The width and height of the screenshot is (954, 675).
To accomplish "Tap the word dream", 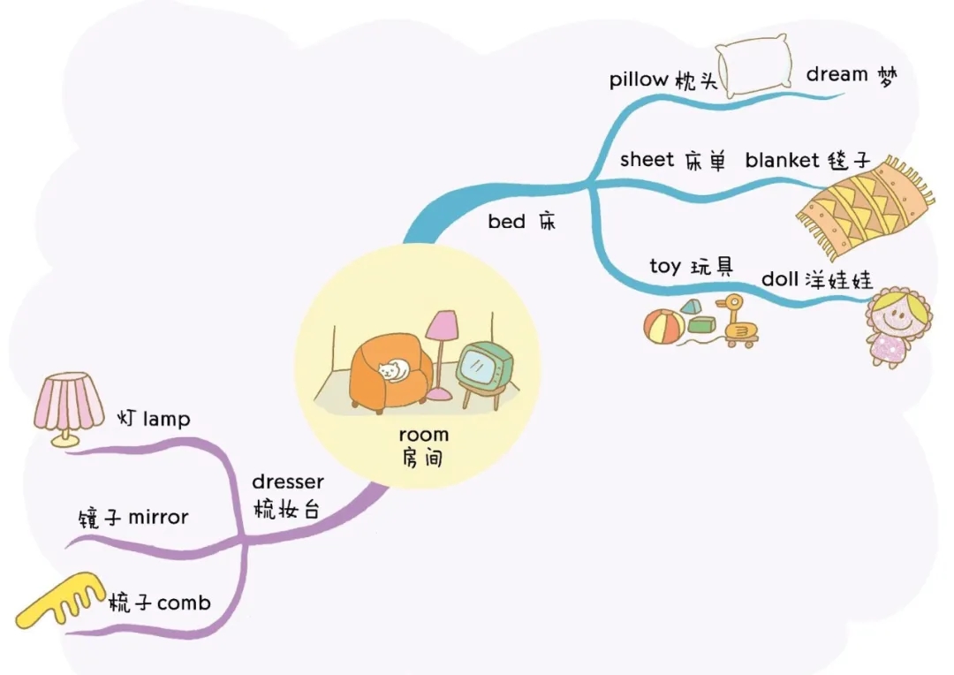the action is coord(837,74).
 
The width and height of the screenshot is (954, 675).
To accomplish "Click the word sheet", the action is coord(647,159).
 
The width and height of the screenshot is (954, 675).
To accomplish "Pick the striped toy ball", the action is coord(663,327).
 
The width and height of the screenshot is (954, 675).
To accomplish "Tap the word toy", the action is coord(665,267).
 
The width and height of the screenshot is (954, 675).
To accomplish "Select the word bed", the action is coord(506,221).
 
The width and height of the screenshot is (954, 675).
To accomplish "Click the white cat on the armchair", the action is coord(394,370).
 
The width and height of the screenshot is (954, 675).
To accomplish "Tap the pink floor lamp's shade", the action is coord(442,326).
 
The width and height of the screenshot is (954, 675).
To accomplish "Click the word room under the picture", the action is coord(423,435).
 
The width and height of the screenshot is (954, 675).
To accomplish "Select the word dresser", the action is coord(288,482).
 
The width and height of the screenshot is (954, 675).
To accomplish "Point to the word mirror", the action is coord(158,518).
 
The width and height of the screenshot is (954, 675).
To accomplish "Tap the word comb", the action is coord(184,603).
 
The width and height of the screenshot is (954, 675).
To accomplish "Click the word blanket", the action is coord(782,160).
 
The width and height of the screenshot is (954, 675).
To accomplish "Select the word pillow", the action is coord(639,80).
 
